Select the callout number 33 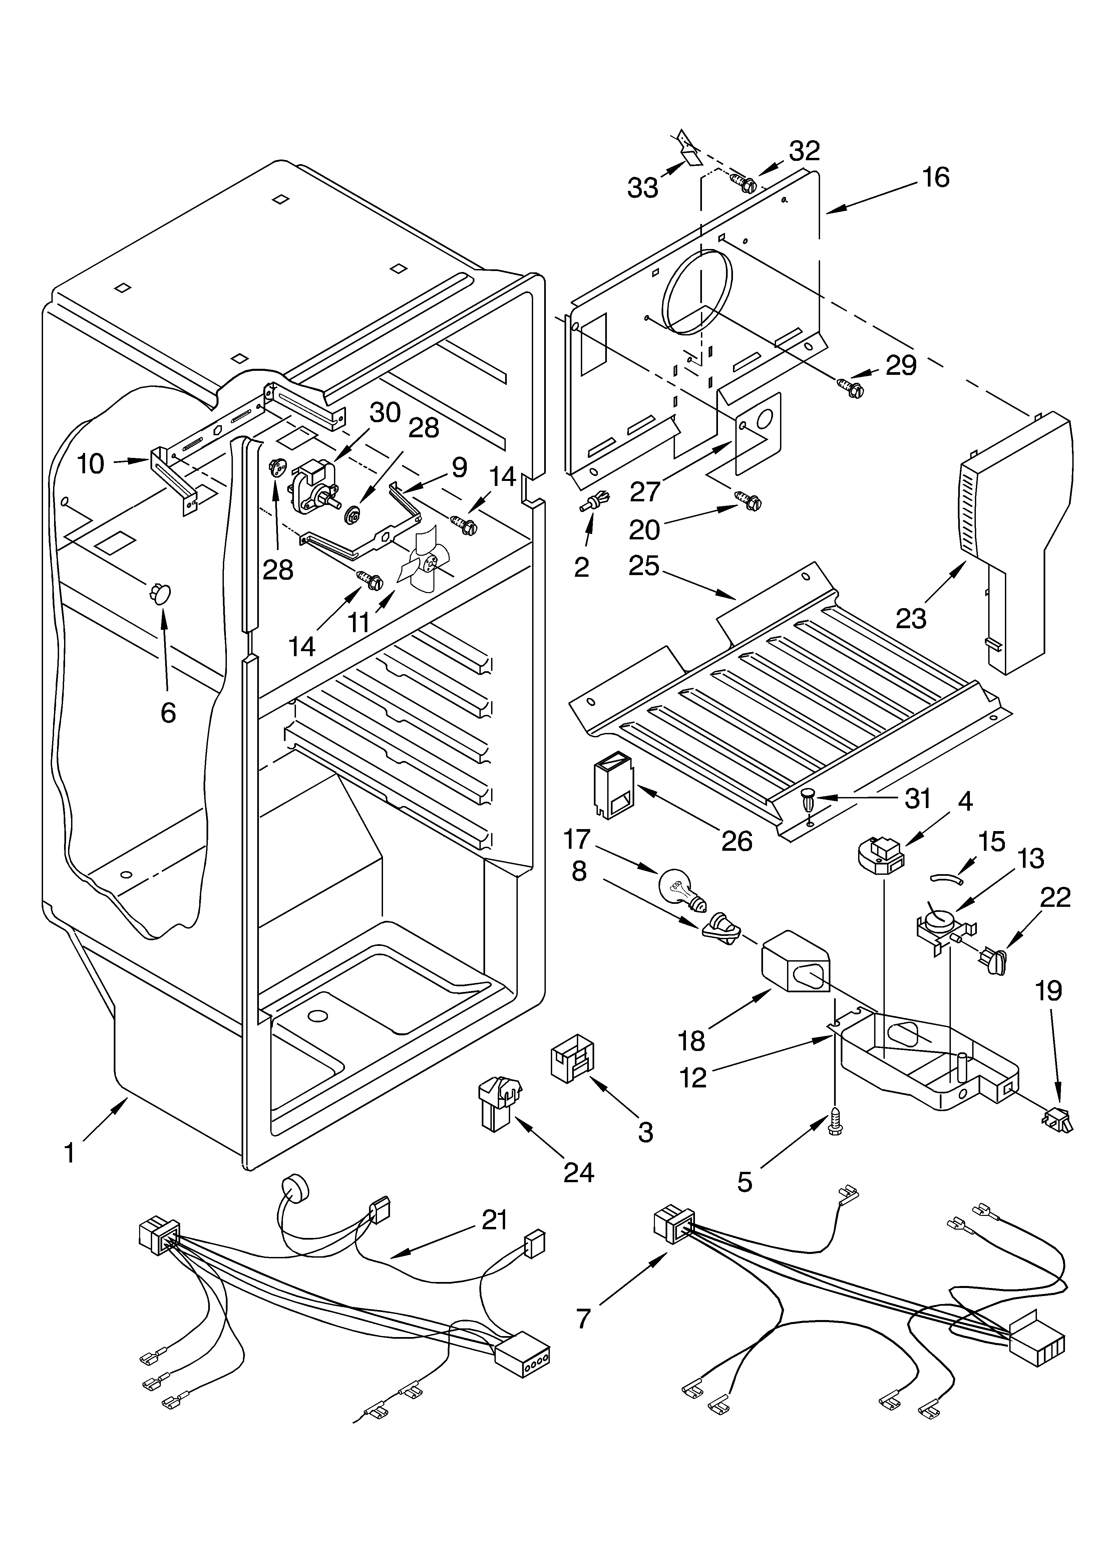[642, 188]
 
